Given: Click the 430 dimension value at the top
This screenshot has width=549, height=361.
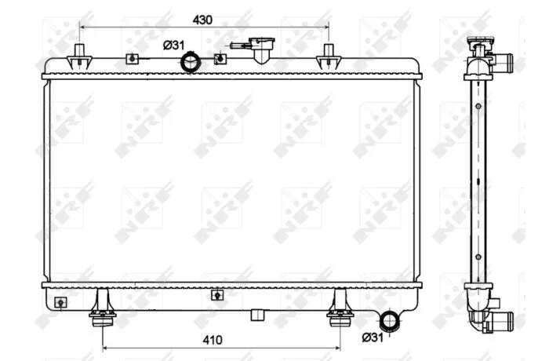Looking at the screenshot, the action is point(202,20).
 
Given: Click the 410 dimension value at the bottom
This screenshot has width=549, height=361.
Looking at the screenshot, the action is point(213,340).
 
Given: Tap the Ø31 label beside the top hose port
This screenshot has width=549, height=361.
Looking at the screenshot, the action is point(173,46).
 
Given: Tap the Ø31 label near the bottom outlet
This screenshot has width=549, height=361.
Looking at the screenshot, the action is point(373,337).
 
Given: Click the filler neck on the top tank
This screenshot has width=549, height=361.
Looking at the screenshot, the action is point(261,49).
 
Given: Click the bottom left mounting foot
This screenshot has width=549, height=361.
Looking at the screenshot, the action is point(103,308).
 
